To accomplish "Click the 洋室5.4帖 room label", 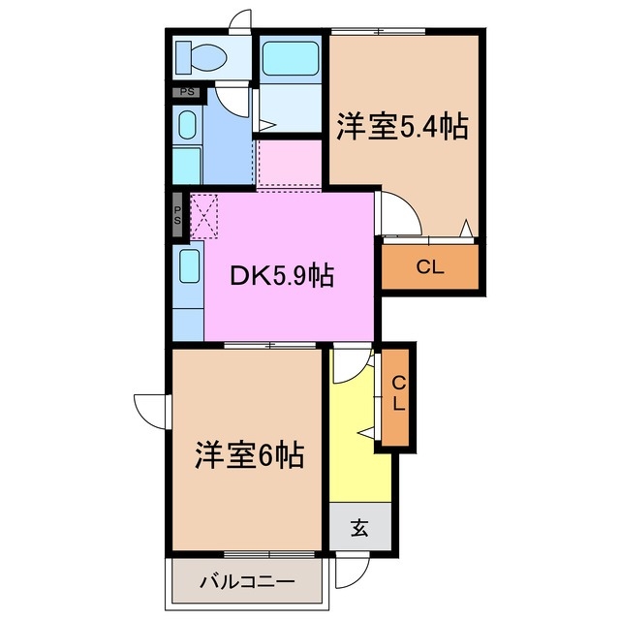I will (x=402, y=126).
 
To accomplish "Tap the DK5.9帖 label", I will (x=282, y=276).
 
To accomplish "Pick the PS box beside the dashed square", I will (x=179, y=215).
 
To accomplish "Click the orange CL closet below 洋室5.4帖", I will (x=431, y=267).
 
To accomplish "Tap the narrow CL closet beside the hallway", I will (x=398, y=396).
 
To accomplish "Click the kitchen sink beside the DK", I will (x=189, y=264).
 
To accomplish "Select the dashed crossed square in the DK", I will (x=206, y=215).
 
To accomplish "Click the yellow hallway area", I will (x=359, y=455).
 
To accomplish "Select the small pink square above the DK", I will (x=289, y=164).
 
